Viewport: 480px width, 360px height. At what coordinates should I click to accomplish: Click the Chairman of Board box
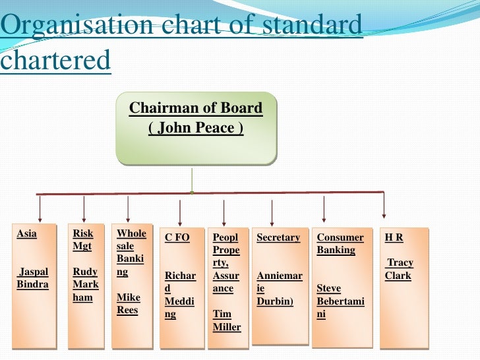196,128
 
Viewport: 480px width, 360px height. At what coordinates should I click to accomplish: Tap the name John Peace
196,127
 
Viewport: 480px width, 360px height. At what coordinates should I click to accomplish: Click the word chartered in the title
55,61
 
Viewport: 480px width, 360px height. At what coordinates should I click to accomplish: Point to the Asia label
26,233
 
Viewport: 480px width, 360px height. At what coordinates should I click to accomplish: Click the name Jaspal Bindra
32,278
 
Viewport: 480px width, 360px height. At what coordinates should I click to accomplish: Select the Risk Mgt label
83,240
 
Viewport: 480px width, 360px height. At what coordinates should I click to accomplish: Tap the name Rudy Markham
85,284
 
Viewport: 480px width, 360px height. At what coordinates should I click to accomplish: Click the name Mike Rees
128,303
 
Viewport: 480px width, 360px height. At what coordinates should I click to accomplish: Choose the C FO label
177,237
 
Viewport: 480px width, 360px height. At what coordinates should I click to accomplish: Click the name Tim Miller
227,321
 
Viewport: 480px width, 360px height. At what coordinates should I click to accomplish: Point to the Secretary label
278,237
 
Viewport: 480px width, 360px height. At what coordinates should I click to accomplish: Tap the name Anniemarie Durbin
279,288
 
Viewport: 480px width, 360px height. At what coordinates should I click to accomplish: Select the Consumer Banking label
340,243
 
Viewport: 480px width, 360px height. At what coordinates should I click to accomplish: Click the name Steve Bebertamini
340,301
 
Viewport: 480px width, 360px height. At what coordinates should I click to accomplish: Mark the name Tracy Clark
400,269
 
